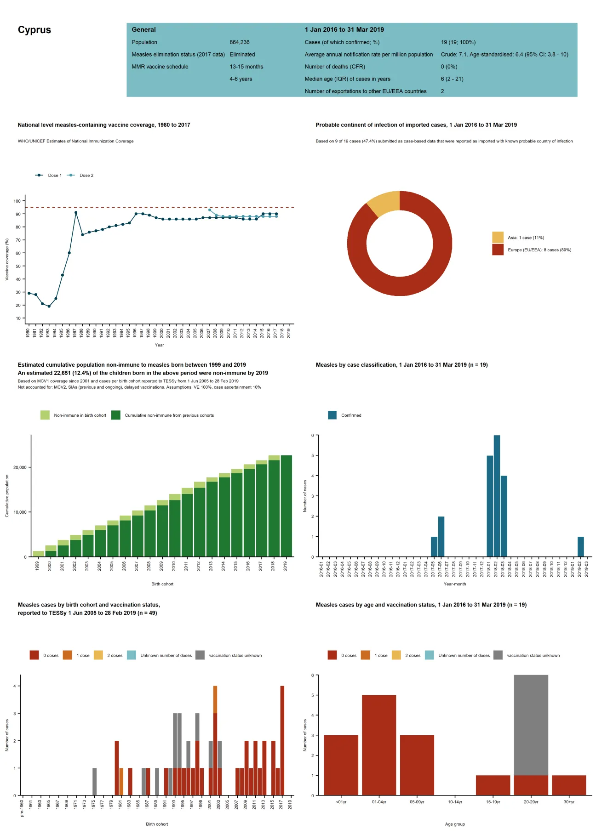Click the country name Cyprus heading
34,30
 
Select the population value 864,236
240,42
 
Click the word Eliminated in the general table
242,54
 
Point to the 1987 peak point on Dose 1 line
76,212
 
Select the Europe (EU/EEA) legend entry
539,250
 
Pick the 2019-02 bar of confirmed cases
581,546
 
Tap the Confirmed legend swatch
332,415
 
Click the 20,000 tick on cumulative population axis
20,467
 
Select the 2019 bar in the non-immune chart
286,505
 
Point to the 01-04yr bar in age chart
379,744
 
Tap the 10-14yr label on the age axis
455,802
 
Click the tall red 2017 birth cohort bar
282,740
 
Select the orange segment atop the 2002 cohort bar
215,699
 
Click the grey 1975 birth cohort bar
94,781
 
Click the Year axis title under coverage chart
159,345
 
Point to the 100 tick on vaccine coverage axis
17,201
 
